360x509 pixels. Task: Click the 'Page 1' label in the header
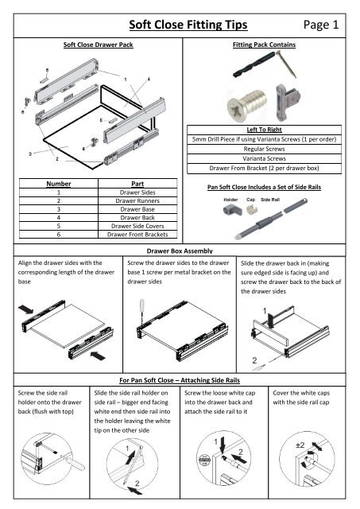(x=321, y=25)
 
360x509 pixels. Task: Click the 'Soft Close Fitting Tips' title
(x=188, y=25)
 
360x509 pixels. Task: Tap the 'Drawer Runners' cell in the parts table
(x=137, y=200)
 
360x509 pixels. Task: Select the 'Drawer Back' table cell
(x=137, y=217)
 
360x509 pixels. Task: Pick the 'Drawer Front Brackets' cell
(x=137, y=235)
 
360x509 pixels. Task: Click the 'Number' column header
(x=58, y=184)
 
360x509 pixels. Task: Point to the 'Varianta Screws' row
(x=264, y=158)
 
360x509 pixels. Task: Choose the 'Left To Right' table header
(x=264, y=130)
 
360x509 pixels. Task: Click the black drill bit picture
(x=254, y=65)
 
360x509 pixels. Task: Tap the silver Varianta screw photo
(x=247, y=105)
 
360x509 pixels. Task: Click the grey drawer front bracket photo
(x=288, y=103)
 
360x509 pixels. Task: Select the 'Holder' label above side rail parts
(x=230, y=200)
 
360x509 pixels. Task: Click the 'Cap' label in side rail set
(x=250, y=200)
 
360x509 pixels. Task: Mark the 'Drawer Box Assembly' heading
(x=180, y=251)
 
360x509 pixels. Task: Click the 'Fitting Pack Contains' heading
(x=264, y=45)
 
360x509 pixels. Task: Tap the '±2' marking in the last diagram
(x=300, y=445)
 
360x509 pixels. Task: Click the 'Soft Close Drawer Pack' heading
(x=98, y=45)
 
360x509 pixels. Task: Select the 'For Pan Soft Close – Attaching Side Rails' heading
(x=180, y=380)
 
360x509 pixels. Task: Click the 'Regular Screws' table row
(x=264, y=149)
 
